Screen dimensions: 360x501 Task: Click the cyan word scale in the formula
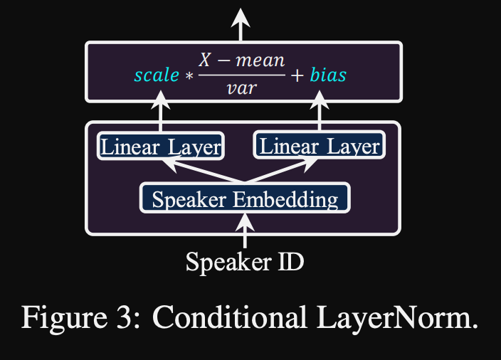(157, 75)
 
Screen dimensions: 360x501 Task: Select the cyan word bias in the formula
(328, 75)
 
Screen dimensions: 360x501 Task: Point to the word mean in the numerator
(260, 60)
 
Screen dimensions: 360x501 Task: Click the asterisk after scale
(189, 75)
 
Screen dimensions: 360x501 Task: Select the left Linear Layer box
(161, 147)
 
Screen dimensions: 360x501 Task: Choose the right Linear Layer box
(319, 147)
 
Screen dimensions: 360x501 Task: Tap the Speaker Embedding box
(245, 198)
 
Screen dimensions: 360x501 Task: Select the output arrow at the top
(241, 25)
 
